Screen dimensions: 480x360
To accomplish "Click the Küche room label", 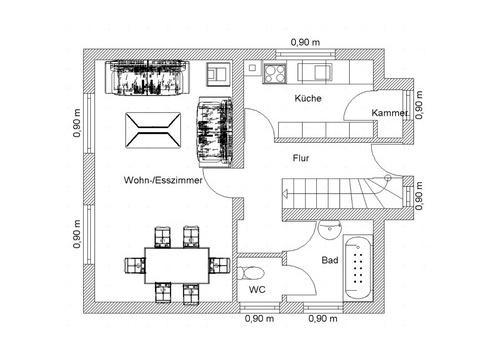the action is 308,98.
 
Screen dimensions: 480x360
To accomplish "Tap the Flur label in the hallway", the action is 301,158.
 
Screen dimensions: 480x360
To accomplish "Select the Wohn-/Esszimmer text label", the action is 163,180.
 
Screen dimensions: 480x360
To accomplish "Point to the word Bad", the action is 330,260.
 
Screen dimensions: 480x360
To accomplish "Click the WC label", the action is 257,290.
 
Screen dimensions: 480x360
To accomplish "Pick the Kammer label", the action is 390,113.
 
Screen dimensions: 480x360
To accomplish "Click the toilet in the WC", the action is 250,273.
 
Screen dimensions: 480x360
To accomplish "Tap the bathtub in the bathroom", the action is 358,268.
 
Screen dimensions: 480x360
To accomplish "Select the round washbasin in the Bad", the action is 330,230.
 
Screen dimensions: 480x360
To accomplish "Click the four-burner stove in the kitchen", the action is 275,73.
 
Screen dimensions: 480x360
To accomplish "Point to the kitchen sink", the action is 315,72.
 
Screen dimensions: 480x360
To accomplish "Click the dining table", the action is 177,266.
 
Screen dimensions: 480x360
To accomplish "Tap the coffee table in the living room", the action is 153,130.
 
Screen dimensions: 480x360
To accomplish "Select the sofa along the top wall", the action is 148,78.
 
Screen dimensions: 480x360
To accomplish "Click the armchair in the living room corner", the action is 218,74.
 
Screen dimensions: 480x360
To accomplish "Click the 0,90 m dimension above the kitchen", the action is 305,42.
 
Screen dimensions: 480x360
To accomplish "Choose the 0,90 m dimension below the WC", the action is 259,319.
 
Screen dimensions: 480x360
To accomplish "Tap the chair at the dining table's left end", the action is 135,265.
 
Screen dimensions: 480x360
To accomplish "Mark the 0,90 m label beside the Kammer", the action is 419,105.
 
